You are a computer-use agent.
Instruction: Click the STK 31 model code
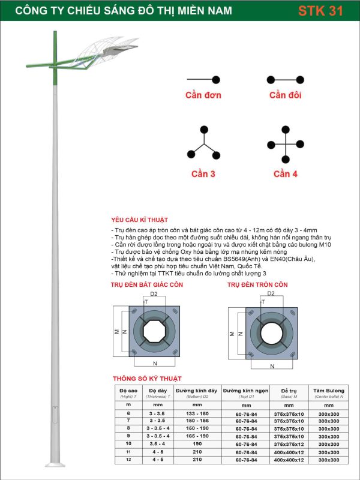coord(321,11)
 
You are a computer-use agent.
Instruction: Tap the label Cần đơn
coord(203,95)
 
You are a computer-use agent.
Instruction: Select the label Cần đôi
coord(286,95)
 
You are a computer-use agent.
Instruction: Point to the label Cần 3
coord(203,174)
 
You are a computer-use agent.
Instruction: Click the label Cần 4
coord(286,174)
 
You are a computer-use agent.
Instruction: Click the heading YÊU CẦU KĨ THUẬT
coord(140,220)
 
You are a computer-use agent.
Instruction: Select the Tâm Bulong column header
coord(328,391)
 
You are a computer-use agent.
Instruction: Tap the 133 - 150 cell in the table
coord(196,413)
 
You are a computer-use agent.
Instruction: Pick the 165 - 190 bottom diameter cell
coord(196,437)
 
